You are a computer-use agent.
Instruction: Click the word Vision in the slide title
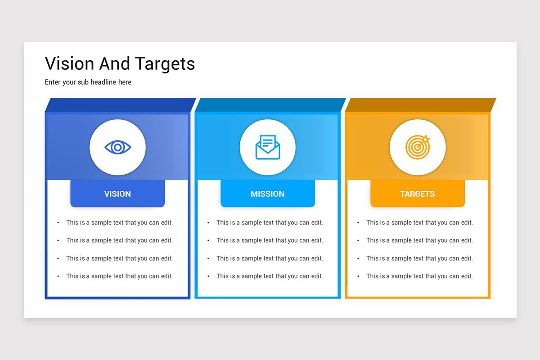click(x=69, y=63)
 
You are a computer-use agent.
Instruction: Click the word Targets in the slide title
click(x=165, y=64)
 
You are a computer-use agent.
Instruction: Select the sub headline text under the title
click(x=88, y=82)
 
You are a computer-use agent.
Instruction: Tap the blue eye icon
click(x=117, y=147)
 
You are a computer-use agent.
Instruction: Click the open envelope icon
click(x=268, y=147)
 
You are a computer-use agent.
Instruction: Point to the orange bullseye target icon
click(x=417, y=147)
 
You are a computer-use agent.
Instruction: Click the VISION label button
click(x=117, y=194)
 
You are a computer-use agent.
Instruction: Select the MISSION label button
click(x=268, y=194)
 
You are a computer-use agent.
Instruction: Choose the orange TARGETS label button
click(x=418, y=194)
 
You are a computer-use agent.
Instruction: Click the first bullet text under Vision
click(x=119, y=222)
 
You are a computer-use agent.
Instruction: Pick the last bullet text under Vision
click(x=119, y=276)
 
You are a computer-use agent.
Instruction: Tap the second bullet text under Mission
click(x=270, y=240)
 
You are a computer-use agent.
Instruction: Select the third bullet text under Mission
click(x=270, y=258)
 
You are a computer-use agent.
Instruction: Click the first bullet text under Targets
click(x=419, y=222)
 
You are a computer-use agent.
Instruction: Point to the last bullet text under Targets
click(x=419, y=276)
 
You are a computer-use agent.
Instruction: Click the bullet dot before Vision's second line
click(x=58, y=241)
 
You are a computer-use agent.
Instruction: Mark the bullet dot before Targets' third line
click(x=358, y=259)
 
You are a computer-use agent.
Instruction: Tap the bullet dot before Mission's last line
click(x=208, y=276)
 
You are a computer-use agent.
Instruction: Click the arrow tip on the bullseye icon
click(x=427, y=139)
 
